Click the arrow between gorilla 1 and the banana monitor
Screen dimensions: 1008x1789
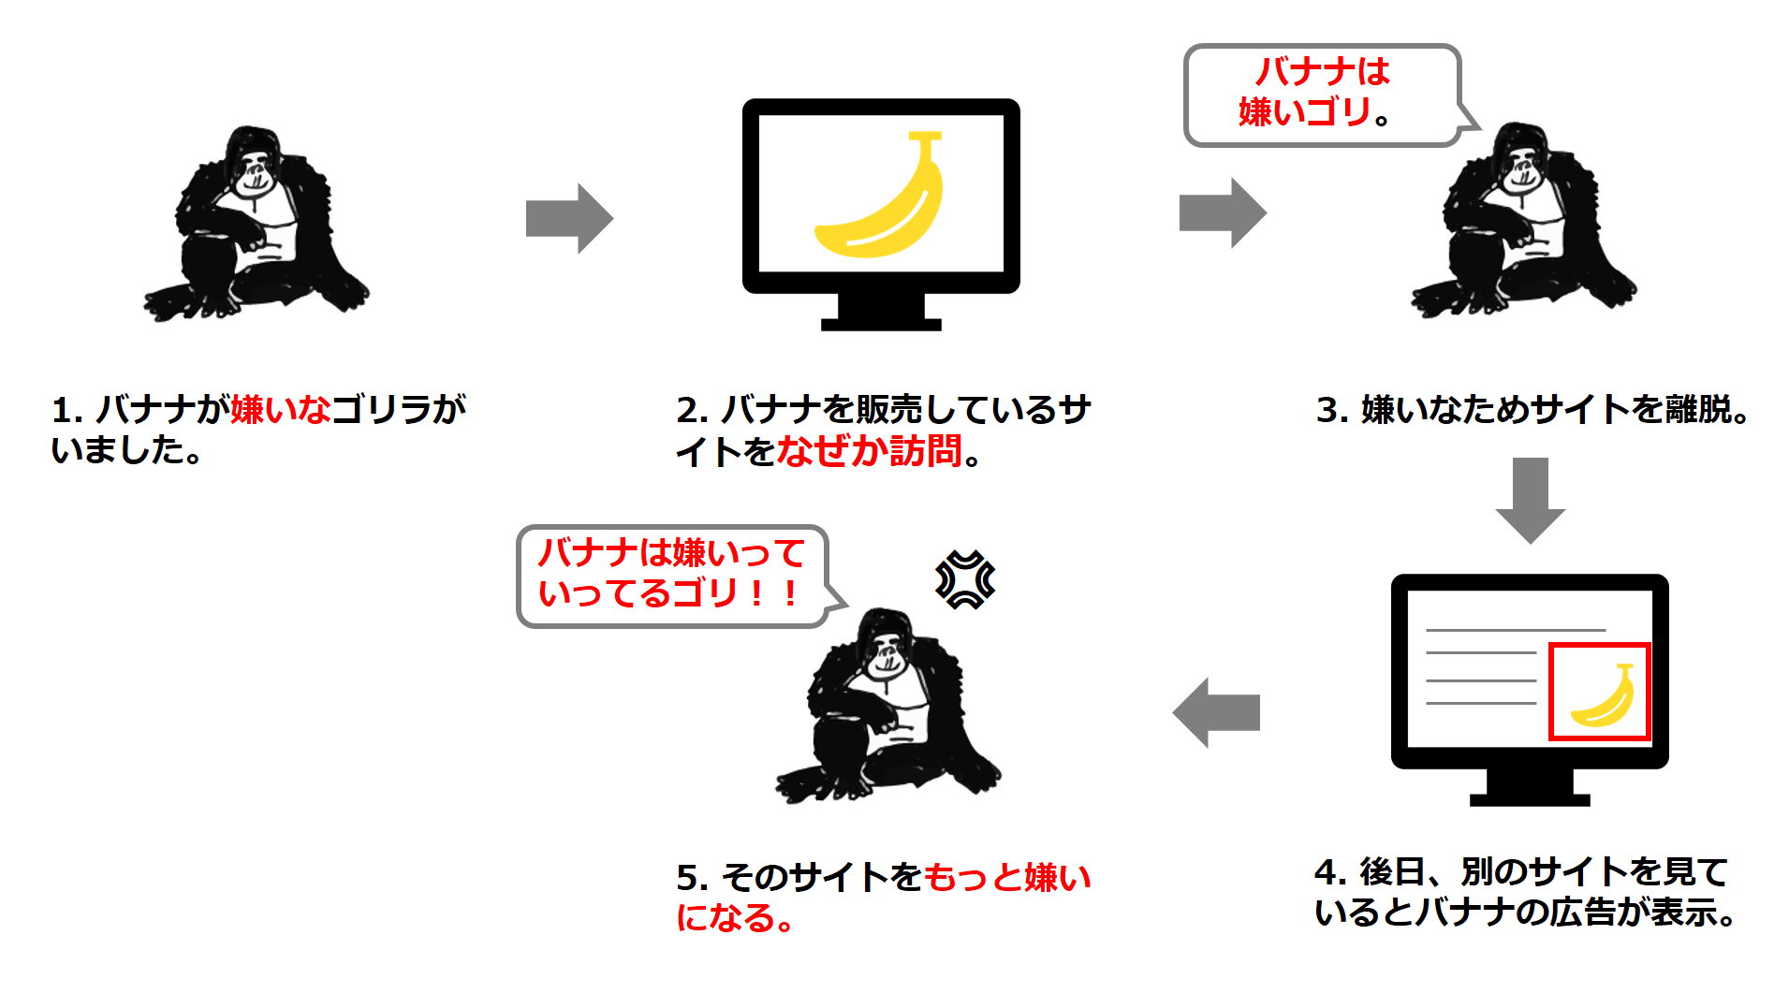(x=568, y=218)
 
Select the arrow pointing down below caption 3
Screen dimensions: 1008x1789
(x=1530, y=499)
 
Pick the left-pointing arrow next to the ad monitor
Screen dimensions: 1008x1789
(x=1216, y=712)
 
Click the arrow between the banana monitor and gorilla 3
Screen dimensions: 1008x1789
(x=1222, y=212)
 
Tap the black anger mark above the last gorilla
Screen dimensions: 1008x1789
(x=965, y=580)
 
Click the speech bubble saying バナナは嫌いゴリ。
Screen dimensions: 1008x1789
(x=1321, y=95)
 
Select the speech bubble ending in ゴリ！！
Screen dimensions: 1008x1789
(x=671, y=574)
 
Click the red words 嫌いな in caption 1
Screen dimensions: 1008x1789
(x=280, y=410)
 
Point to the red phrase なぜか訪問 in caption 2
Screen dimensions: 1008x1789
(x=868, y=451)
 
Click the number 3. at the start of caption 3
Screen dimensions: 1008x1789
(x=1331, y=410)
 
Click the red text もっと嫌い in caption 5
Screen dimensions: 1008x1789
(x=1006, y=877)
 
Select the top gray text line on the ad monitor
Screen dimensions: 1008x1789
(x=1515, y=630)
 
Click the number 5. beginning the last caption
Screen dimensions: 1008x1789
(x=692, y=878)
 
